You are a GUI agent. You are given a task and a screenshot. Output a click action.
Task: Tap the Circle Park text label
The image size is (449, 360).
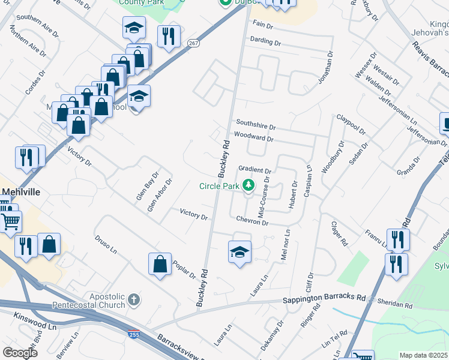[x=220, y=186]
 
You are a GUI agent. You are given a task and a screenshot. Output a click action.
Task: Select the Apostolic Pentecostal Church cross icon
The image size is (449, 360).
[x=134, y=299]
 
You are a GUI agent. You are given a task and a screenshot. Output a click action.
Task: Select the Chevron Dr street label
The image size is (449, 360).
[x=252, y=221]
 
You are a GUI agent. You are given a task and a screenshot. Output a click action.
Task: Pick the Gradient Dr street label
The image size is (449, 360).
[x=255, y=170]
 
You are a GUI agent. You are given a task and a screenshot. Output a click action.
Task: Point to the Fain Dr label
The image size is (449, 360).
[x=263, y=25]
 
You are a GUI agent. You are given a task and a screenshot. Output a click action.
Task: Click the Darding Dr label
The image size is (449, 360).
[x=266, y=43]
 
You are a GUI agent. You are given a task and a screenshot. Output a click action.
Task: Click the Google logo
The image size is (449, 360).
[x=20, y=353]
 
